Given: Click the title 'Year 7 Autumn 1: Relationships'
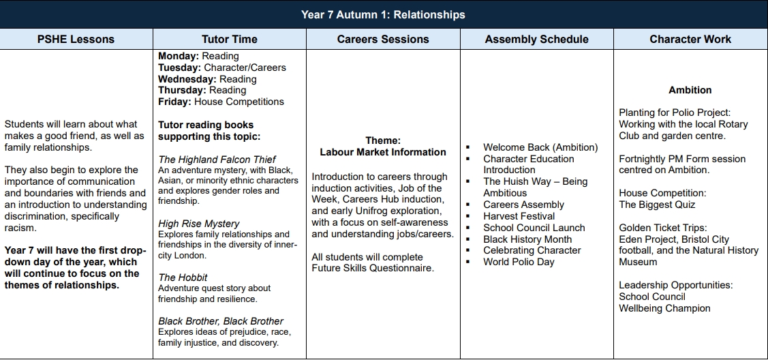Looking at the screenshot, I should (x=383, y=14).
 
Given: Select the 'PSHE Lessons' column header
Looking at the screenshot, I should (x=76, y=39).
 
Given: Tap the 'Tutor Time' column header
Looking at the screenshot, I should (x=230, y=39).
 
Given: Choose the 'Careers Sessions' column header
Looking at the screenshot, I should (x=383, y=39).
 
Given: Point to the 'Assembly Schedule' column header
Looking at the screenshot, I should (x=536, y=39).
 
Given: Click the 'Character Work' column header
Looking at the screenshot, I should (x=690, y=39).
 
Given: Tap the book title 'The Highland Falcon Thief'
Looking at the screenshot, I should (x=217, y=160).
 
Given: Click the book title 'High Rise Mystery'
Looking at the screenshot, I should (x=199, y=223).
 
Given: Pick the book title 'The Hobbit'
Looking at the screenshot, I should (x=183, y=277).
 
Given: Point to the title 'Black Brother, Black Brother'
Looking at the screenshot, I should (x=221, y=320).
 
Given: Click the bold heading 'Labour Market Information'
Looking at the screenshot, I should (x=383, y=152).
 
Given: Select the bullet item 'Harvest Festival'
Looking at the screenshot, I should (x=519, y=216).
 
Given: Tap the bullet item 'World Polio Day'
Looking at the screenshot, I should (x=519, y=262).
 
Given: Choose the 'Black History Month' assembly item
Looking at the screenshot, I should (x=527, y=239).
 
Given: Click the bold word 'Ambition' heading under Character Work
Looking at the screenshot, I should (x=690, y=90).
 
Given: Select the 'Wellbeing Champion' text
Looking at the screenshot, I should (x=664, y=308).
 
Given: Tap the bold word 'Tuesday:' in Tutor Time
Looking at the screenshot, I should (x=180, y=67).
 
